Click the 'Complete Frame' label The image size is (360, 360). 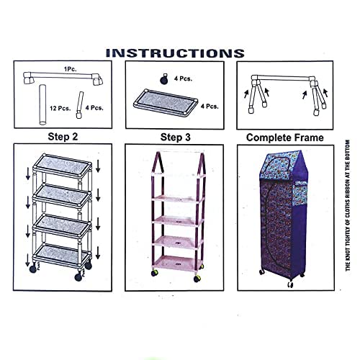(284, 136)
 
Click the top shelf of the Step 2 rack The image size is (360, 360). (63, 166)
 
